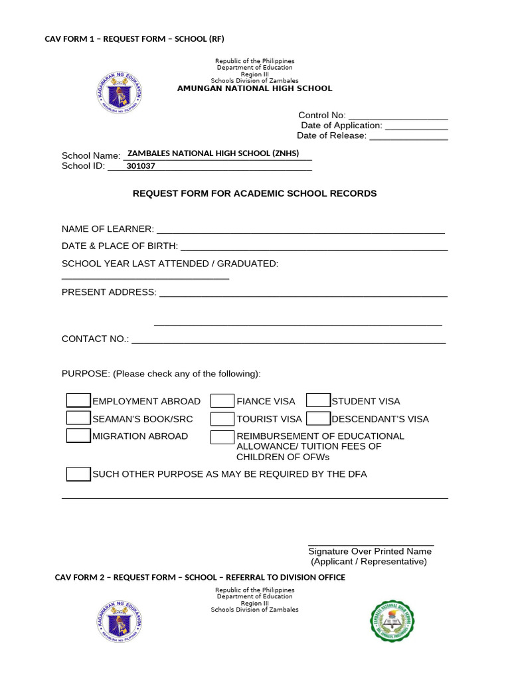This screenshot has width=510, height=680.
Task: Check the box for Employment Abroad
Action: coord(78,400)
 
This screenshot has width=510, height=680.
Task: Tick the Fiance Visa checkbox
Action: coord(222,400)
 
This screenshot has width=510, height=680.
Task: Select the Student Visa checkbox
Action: coord(318,400)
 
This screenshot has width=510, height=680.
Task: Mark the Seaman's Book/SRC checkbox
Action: coord(78,418)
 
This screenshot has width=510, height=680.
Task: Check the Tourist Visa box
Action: coord(222,419)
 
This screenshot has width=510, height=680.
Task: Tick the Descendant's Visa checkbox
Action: coord(318,418)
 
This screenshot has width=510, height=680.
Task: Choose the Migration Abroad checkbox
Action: coord(78,436)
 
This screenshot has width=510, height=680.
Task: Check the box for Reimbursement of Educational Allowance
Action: coord(222,437)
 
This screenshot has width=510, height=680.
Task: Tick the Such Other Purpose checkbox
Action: coord(78,474)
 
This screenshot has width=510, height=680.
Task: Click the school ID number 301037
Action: coord(141,167)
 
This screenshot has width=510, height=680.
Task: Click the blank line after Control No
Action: coord(398,116)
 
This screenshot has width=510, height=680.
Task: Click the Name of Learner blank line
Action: coord(300,230)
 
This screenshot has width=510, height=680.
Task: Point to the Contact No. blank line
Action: coord(288,339)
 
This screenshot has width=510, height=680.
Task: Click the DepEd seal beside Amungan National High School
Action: coord(120,94)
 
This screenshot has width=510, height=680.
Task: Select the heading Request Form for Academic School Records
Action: coord(254,193)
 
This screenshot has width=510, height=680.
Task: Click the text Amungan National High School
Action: coord(254,88)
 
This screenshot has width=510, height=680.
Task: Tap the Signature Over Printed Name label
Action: coord(370,551)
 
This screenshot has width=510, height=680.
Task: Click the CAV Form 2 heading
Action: coord(200,577)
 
